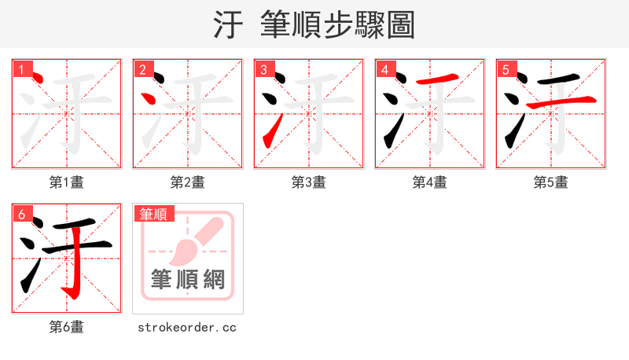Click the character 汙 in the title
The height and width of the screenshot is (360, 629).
[x=229, y=25]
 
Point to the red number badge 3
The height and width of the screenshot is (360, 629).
[x=264, y=70]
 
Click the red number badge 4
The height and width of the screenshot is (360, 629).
[x=385, y=70]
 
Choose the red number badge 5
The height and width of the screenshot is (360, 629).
[x=506, y=70]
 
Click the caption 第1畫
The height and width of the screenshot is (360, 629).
[x=67, y=182]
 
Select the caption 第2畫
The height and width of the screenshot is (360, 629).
[x=188, y=182]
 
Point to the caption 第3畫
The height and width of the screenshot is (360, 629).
[x=309, y=182]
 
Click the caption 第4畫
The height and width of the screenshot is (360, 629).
[x=430, y=182]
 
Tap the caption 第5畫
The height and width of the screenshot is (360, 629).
[x=551, y=182]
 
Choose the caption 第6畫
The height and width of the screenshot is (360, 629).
[x=67, y=327]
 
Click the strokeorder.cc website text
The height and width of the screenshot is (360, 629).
[x=188, y=327]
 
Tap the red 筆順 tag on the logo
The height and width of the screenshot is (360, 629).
[x=153, y=214]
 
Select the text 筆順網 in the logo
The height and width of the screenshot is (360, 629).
[x=188, y=279]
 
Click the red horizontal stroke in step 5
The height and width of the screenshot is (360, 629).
[x=561, y=103]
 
